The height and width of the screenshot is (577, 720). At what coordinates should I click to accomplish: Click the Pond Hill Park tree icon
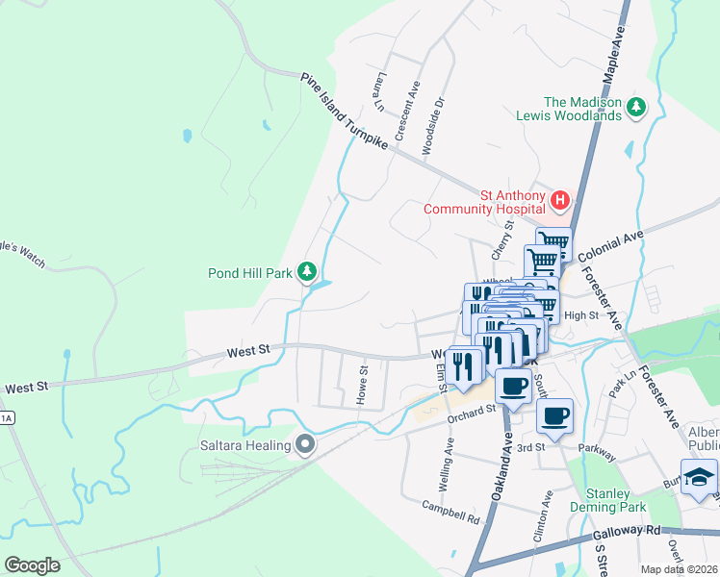coord(307,273)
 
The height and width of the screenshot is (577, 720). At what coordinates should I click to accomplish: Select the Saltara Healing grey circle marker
coord(306,444)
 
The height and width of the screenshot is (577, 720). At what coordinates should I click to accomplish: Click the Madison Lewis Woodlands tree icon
coord(635,109)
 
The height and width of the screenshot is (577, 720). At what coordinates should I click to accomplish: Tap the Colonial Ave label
coord(610,245)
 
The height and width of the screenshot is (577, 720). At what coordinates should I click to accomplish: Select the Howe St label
coord(363,385)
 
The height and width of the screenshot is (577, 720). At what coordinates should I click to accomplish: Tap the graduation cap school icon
coord(700,475)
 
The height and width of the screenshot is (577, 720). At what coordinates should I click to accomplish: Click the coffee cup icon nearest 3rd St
coord(554,415)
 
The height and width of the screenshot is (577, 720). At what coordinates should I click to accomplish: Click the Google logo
coord(32,565)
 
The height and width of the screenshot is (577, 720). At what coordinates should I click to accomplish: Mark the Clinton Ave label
coord(549,513)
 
